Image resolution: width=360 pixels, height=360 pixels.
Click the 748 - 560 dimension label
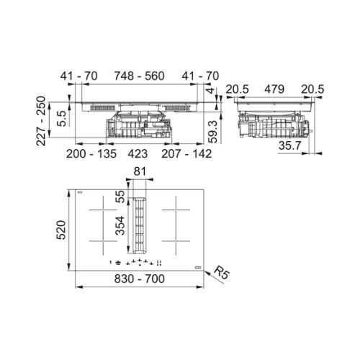coord(139,76)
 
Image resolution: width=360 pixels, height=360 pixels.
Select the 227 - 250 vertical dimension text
coord(41,121)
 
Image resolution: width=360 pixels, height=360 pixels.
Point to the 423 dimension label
coord(138,153)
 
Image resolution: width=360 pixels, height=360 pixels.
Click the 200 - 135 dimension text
coord(91,153)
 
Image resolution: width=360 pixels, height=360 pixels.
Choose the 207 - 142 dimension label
coord(186,153)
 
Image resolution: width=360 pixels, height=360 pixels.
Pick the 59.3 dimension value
coord(212,132)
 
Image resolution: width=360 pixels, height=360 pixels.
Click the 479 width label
coord(274,89)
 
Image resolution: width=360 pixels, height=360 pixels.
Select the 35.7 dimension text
coord(289,145)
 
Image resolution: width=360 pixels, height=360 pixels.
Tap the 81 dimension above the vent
coord(140,171)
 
